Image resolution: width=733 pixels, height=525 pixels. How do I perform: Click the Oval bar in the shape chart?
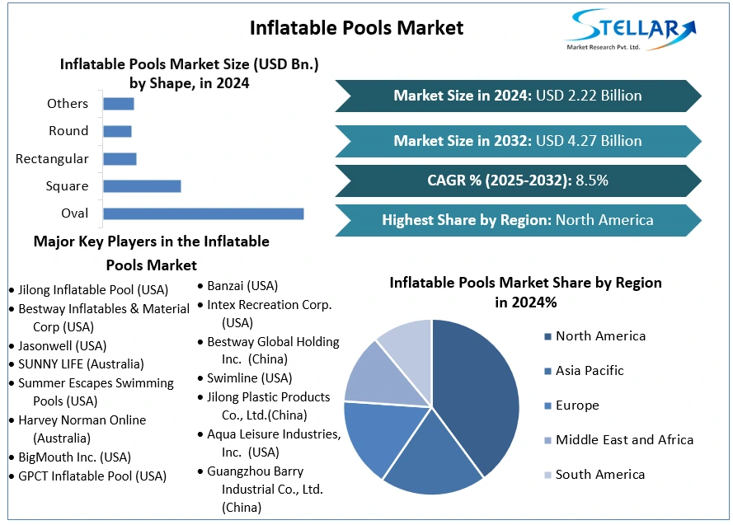click(203, 213)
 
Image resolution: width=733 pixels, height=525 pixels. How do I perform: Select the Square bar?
click(142, 186)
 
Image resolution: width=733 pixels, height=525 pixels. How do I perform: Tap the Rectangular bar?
click(120, 158)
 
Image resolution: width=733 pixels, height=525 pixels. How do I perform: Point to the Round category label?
click(68, 131)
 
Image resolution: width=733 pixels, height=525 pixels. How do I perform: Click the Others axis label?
click(68, 104)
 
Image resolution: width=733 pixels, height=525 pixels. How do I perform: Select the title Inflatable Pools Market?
click(356, 28)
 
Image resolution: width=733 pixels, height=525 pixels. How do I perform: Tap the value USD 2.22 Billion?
click(589, 96)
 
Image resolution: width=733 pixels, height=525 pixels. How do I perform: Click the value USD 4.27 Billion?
click(589, 141)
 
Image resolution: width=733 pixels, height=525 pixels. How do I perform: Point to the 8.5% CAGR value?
click(592, 180)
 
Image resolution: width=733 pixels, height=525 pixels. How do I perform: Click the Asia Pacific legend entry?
click(590, 371)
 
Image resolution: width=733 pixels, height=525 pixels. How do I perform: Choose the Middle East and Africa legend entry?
click(624, 440)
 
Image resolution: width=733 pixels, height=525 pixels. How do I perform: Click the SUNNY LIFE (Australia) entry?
click(81, 363)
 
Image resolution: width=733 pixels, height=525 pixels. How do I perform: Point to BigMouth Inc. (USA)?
click(74, 457)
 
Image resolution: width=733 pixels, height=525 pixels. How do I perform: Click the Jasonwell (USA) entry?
click(63, 345)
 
